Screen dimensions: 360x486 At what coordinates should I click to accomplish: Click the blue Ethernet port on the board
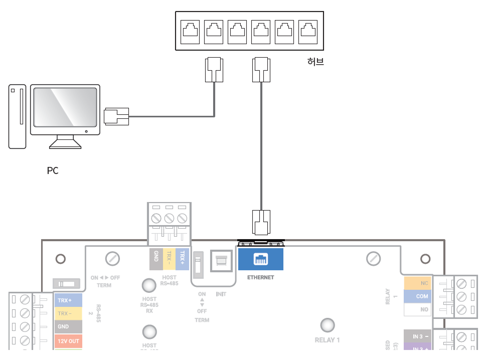261,259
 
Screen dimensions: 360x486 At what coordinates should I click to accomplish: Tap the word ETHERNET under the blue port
261,277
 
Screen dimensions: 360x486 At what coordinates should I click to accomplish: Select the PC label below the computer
53,171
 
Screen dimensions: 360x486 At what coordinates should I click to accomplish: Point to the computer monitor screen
65,107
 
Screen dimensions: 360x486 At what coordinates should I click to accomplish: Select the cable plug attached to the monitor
116,116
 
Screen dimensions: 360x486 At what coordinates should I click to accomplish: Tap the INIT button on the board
221,261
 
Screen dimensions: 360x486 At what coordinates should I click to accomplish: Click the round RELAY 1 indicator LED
328,324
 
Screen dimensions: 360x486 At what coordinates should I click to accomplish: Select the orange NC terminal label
418,283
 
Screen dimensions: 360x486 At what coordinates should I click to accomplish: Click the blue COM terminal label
418,296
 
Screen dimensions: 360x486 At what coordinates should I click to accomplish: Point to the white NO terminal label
418,309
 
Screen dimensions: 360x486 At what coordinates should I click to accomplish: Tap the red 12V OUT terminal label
68,341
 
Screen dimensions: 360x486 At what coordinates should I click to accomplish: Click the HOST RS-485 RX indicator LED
148,286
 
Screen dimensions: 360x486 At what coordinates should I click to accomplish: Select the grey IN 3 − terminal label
418,336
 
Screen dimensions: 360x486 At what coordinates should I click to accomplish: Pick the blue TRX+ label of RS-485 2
68,300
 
